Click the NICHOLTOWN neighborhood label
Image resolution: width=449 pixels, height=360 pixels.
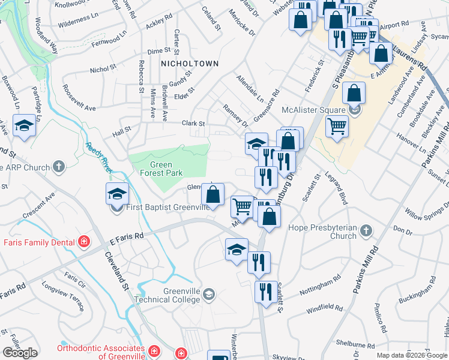[x=189, y=63]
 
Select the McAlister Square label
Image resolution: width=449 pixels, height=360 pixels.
[x=314, y=110]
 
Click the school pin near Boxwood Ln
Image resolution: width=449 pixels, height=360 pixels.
[x=24, y=126]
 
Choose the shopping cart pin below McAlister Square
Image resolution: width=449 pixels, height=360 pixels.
[x=337, y=127]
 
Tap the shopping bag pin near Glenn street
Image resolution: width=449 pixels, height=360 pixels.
[x=212, y=194]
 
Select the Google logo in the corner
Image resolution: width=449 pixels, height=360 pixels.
[x=20, y=353]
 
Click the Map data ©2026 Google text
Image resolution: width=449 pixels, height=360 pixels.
[x=411, y=355]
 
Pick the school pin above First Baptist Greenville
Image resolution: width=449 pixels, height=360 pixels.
[x=117, y=193]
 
